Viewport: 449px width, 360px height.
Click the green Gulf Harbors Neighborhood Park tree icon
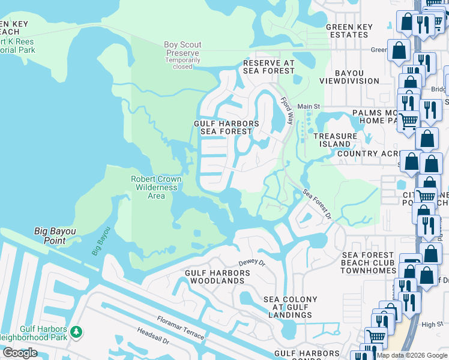click(76, 331)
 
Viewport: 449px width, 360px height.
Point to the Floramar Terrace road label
click(181, 328)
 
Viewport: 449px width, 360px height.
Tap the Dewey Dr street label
click(252, 262)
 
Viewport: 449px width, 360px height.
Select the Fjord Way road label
click(289, 111)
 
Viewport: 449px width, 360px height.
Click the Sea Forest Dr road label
click(317, 205)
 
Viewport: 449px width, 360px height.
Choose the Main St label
click(309, 106)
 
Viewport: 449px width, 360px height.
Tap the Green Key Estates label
click(347, 31)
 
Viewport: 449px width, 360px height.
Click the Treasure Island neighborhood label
click(335, 140)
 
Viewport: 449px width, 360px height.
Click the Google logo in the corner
click(20, 353)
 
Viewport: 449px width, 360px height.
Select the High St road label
click(432, 325)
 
